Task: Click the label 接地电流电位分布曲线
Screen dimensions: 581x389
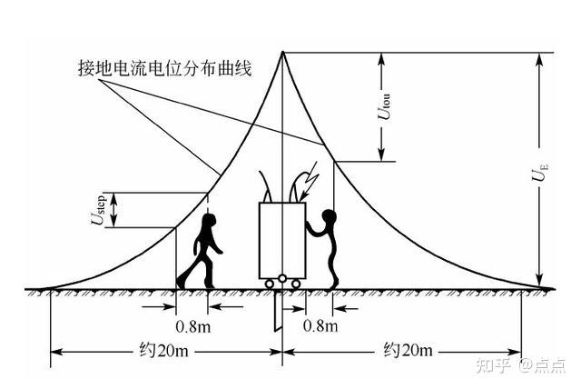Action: click(x=162, y=67)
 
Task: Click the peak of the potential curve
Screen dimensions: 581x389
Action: click(x=282, y=53)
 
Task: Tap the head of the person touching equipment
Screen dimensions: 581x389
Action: click(x=330, y=218)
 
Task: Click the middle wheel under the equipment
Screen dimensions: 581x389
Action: click(x=282, y=279)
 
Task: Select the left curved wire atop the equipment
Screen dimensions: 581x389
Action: click(x=266, y=185)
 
